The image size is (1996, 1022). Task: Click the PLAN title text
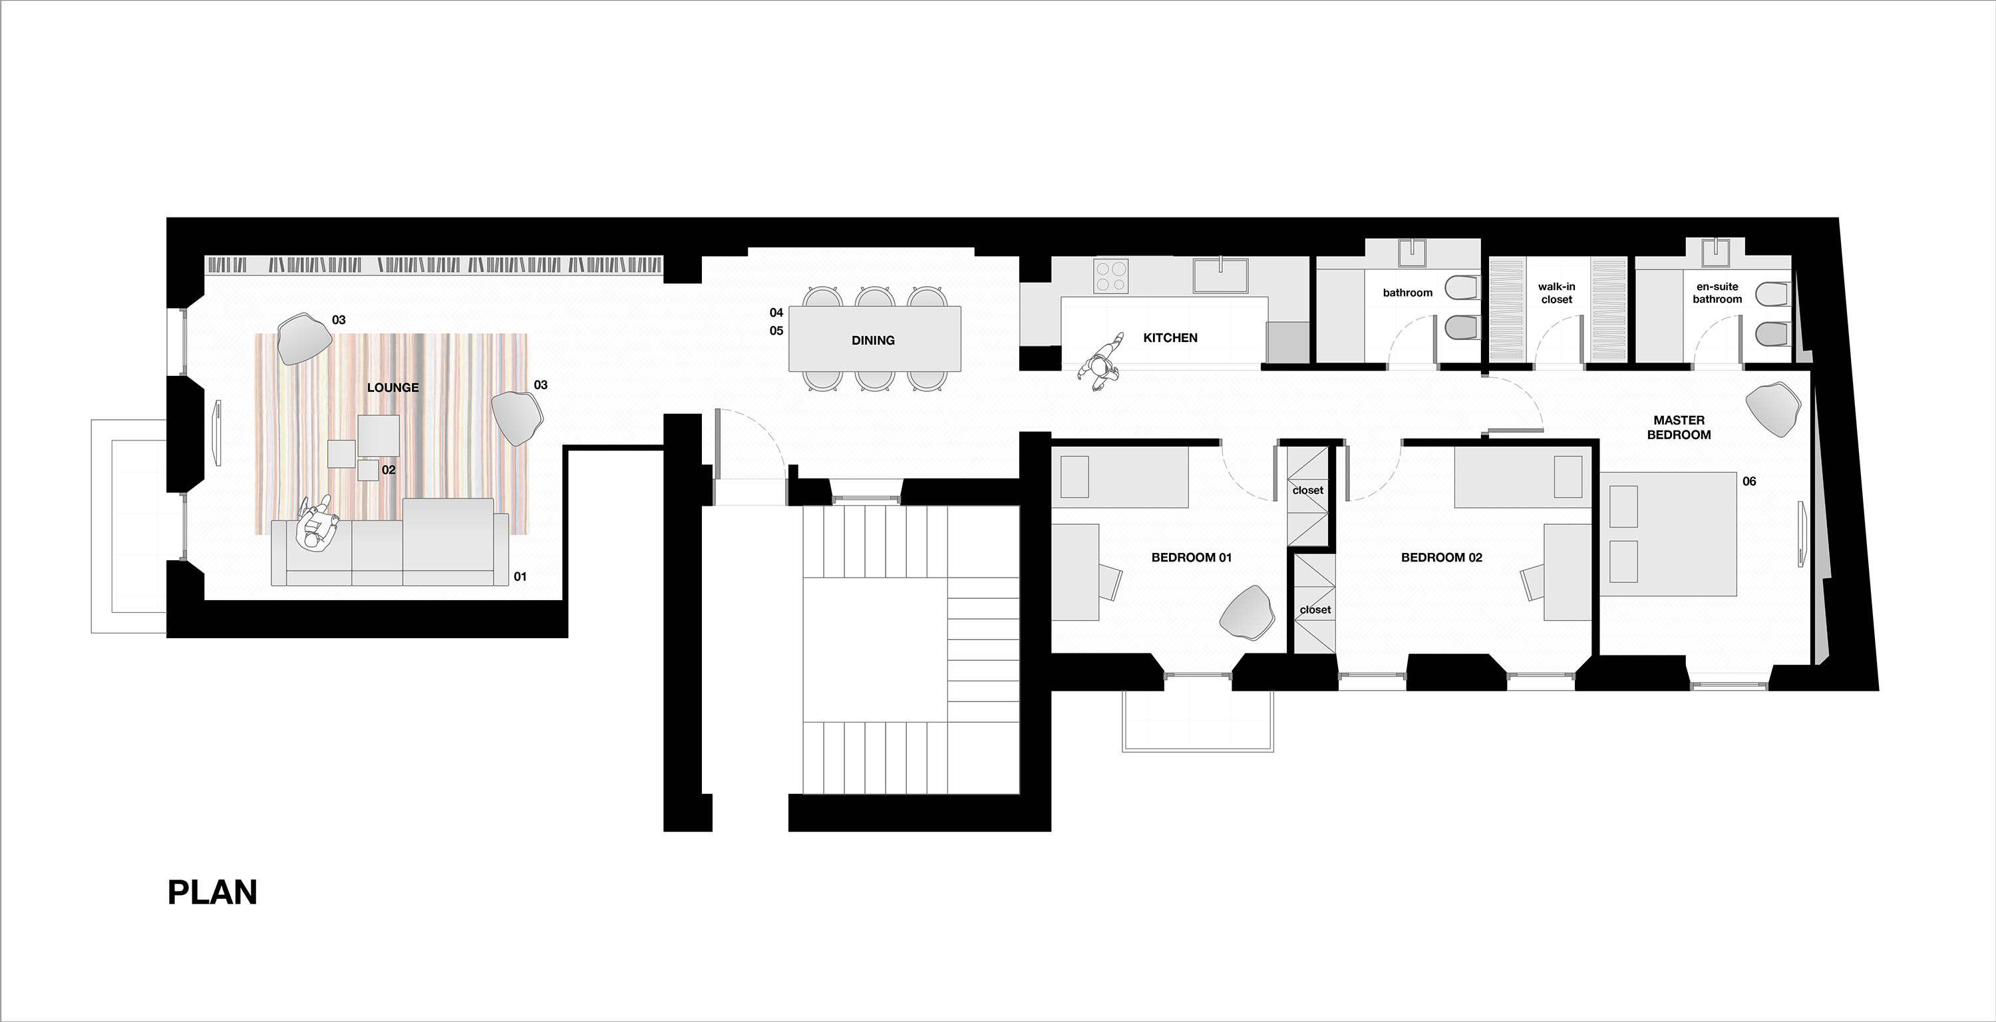coord(212,893)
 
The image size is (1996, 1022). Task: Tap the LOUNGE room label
coord(393,387)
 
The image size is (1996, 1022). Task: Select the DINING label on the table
coord(873,340)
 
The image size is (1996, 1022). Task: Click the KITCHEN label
coord(1170,338)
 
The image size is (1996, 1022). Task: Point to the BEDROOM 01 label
coord(1192,557)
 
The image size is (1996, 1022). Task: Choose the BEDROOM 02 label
coord(1442,557)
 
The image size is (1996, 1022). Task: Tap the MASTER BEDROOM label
coord(1679,428)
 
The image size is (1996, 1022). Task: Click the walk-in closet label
coord(1557,293)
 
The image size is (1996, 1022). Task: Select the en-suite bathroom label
coord(1717,293)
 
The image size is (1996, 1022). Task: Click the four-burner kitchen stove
coord(1111,277)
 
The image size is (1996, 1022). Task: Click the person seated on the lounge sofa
coord(316,524)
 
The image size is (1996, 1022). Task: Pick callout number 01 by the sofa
coord(520,576)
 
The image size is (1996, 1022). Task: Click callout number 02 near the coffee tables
coord(388,470)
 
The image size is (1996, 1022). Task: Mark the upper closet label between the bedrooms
coord(1308,490)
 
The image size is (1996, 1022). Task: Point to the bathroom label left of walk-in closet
coord(1408,293)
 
